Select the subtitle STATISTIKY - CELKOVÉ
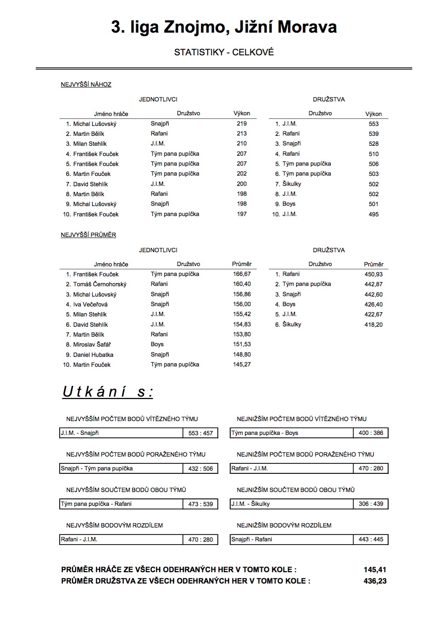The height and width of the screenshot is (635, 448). tap(224, 53)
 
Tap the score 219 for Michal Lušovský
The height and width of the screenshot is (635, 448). tap(242, 123)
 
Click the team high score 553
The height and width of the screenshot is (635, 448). tap(374, 124)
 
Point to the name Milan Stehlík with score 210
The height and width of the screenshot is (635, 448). tap(90, 144)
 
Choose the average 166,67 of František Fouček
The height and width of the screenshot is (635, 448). tap(242, 274)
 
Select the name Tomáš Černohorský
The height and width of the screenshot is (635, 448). tap(100, 284)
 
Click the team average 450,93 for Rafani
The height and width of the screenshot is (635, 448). tap(374, 274)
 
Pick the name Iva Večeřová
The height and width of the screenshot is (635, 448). tap(90, 304)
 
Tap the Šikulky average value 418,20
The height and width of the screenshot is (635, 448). tap(374, 325)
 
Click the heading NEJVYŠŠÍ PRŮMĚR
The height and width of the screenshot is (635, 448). tap(88, 235)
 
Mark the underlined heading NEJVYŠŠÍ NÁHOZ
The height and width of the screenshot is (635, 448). tap(86, 84)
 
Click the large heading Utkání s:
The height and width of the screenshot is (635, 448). tap(108, 392)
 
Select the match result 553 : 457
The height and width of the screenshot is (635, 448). tap(201, 433)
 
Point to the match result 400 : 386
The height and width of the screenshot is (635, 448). tap(371, 433)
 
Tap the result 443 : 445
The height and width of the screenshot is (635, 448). tap(371, 539)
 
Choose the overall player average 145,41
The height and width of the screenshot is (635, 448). tap(375, 570)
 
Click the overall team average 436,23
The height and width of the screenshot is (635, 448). tap(375, 581)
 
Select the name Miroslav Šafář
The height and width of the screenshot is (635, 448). tap(92, 344)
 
